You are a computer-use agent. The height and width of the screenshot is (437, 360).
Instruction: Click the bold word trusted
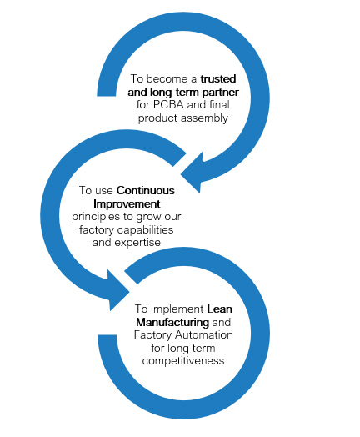click(x=218, y=79)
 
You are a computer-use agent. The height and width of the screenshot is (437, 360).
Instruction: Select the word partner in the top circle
click(x=221, y=93)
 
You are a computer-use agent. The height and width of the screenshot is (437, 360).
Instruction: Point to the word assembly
click(x=206, y=118)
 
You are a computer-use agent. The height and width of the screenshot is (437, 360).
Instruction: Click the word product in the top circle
click(x=159, y=118)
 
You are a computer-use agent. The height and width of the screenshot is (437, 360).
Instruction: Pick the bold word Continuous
click(x=146, y=191)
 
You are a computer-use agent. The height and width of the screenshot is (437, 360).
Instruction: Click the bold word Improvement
click(x=127, y=204)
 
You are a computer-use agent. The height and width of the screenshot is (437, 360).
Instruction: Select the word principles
click(x=92, y=217)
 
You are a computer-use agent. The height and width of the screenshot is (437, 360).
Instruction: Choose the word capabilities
click(x=146, y=229)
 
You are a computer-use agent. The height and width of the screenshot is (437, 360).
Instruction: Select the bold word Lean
click(x=220, y=309)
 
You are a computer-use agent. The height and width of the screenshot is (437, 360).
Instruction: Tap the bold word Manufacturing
click(x=172, y=323)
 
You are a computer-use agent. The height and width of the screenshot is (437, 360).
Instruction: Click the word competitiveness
click(x=183, y=361)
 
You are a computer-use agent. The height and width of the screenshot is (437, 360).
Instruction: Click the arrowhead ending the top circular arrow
click(x=192, y=173)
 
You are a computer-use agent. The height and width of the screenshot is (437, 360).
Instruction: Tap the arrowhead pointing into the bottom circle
click(x=118, y=290)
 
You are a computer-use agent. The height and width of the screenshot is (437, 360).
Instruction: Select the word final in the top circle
click(x=219, y=105)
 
